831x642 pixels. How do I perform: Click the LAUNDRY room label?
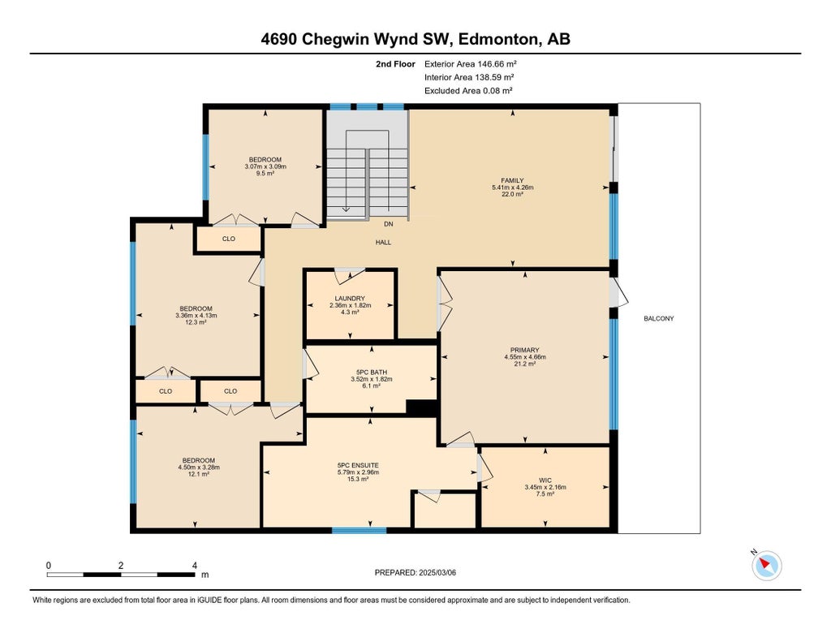point(350,298)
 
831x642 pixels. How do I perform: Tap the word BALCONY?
point(659,318)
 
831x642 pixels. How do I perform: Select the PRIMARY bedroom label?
point(524,350)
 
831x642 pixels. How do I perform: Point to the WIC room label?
point(545,480)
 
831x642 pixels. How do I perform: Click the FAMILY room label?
point(512,180)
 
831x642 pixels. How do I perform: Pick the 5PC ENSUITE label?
point(358,465)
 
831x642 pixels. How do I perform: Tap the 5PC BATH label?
point(372,372)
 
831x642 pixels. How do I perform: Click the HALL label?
point(383,242)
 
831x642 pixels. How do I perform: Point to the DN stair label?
point(389,224)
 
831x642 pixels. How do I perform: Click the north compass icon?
point(767,565)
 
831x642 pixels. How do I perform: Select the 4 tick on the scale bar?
point(194,565)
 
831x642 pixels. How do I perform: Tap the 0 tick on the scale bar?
point(49,565)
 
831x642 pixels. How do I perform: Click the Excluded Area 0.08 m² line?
point(468,91)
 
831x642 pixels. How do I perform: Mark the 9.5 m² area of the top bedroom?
point(265,173)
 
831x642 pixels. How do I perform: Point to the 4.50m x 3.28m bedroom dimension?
point(199,467)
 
